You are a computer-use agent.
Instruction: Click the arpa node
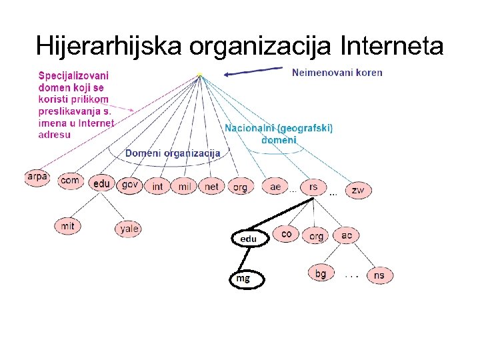coord(37,178)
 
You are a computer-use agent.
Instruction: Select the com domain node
coord(69,181)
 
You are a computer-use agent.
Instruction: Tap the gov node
coord(130,184)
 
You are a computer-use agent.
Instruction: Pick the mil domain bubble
coord(185,187)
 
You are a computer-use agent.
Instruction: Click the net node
coord(211,187)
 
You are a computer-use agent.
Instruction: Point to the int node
coord(157,187)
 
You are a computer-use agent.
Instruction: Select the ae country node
coord(275,187)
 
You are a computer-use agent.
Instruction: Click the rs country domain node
coord(313,187)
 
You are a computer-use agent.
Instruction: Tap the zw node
coord(358,190)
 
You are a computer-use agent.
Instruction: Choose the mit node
coord(67,226)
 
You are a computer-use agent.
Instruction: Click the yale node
coord(129,229)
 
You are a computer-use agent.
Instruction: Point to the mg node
coord(246,279)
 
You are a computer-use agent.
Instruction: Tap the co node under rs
coord(287,234)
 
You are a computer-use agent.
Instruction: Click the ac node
coord(347,235)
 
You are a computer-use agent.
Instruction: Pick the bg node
coord(321,273)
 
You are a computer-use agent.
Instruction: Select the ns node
coord(379,275)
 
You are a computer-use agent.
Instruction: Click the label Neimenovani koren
coord(337,73)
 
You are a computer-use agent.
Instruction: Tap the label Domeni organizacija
coord(173,153)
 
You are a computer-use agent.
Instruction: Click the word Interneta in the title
coord(391,46)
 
